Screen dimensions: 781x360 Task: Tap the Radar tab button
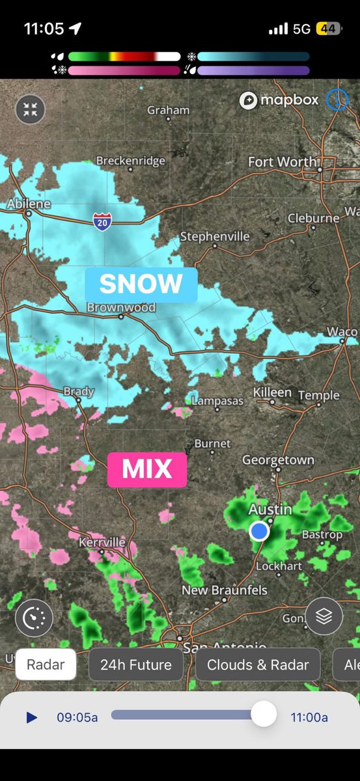click(46, 665)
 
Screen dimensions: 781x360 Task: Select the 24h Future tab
click(136, 665)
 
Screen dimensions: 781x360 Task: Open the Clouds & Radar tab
click(258, 665)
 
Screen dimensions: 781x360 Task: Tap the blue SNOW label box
click(141, 284)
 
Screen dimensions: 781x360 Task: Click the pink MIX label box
click(147, 469)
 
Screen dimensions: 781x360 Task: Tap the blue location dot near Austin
click(260, 531)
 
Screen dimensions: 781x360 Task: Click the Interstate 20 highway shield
click(102, 221)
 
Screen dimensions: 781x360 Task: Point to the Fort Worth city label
click(283, 161)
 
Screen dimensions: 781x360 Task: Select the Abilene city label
click(29, 204)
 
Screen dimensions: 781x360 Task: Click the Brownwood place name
click(121, 307)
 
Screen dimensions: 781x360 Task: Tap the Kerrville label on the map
click(102, 542)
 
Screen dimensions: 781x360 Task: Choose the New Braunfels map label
click(225, 590)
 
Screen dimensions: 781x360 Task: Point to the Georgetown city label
click(278, 459)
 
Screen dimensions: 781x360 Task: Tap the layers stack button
click(324, 615)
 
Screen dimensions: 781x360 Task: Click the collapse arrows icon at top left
click(30, 109)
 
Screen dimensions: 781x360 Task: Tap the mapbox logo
click(279, 100)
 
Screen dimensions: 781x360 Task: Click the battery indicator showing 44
click(327, 29)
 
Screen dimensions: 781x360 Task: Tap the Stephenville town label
click(215, 236)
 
